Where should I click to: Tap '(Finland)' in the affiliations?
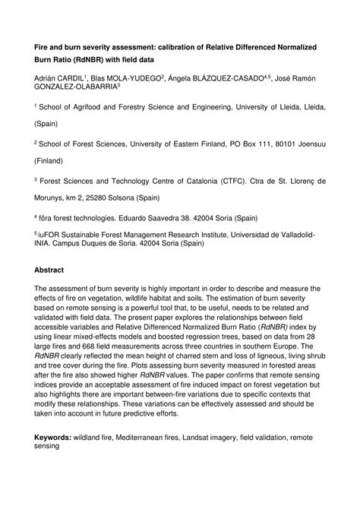[52, 161]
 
